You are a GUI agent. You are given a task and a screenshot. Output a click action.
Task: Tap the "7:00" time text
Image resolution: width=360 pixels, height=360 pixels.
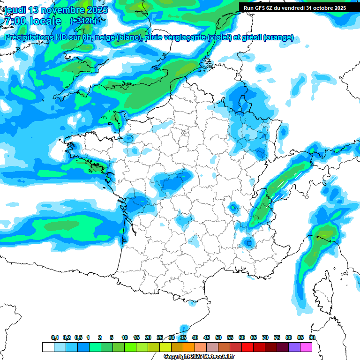(14, 21)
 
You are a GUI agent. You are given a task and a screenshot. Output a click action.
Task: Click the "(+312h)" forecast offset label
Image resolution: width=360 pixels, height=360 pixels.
(83, 21)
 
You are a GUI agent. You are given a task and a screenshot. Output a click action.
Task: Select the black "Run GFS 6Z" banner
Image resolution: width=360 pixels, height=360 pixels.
(299, 7)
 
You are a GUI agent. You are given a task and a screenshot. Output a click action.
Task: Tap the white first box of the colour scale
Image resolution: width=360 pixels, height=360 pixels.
(48, 347)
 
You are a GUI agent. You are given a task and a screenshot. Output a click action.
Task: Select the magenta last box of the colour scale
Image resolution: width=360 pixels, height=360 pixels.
(306, 347)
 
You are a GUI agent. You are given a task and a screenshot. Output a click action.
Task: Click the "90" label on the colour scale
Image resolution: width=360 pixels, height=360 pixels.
(312, 337)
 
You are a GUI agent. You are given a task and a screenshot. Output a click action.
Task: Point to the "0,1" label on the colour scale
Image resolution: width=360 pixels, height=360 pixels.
(55, 337)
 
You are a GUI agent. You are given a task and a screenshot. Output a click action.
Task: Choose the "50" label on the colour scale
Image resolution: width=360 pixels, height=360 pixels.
(218, 337)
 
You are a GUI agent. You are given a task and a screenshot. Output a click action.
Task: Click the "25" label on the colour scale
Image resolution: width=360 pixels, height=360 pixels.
(160, 337)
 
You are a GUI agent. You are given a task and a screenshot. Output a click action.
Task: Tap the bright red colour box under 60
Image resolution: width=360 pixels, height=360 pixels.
(247, 347)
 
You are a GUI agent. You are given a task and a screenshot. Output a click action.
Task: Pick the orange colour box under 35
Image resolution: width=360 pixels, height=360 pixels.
(189, 347)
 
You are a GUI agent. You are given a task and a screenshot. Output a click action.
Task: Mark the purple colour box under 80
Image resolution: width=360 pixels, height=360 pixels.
(294, 347)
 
